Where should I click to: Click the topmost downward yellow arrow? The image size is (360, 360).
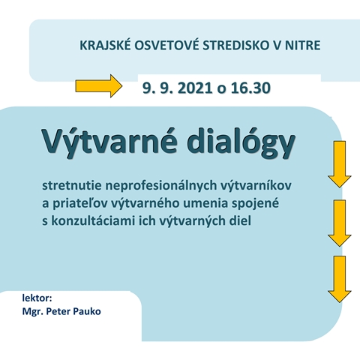click(x=339, y=164)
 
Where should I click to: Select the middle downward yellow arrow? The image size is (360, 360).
click(x=339, y=223)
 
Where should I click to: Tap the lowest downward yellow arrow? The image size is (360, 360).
click(x=339, y=280)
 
